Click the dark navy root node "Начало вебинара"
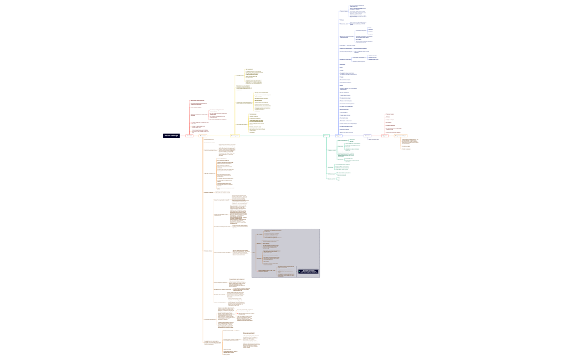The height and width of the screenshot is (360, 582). [171, 136]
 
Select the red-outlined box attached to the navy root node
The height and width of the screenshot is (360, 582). [190, 136]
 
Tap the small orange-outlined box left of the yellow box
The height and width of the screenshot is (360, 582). [203, 136]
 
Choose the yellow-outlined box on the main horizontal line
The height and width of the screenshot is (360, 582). [235, 136]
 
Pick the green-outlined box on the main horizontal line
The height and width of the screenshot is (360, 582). [326, 136]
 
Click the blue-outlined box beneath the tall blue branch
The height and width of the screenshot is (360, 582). [339, 136]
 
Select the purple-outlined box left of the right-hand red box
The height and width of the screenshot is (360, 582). [367, 136]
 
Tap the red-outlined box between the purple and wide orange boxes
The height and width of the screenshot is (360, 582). [385, 136]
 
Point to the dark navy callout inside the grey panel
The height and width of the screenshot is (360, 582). [308, 271]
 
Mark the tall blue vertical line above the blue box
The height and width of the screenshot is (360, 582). [339, 72]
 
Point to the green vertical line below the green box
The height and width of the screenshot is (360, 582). [326, 161]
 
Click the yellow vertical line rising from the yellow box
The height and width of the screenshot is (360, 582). [235, 105]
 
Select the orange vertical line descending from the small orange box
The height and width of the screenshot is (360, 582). [203, 238]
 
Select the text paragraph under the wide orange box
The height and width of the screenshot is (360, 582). [410, 141]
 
